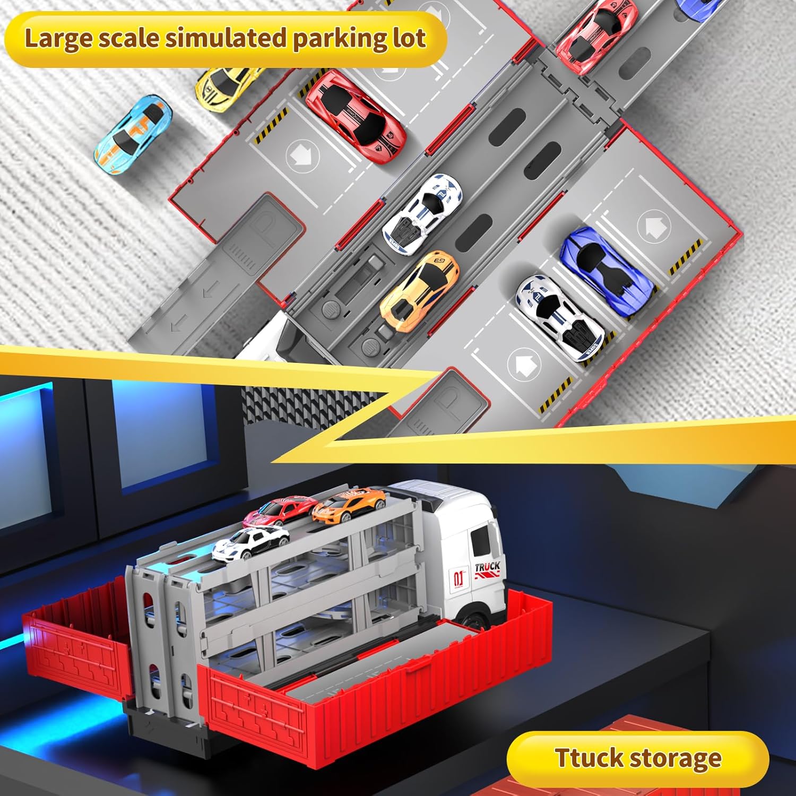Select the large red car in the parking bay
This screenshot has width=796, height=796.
tap(356, 109)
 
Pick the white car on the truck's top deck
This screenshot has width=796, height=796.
tap(251, 543)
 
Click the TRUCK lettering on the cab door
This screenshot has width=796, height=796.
tap(487, 567)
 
